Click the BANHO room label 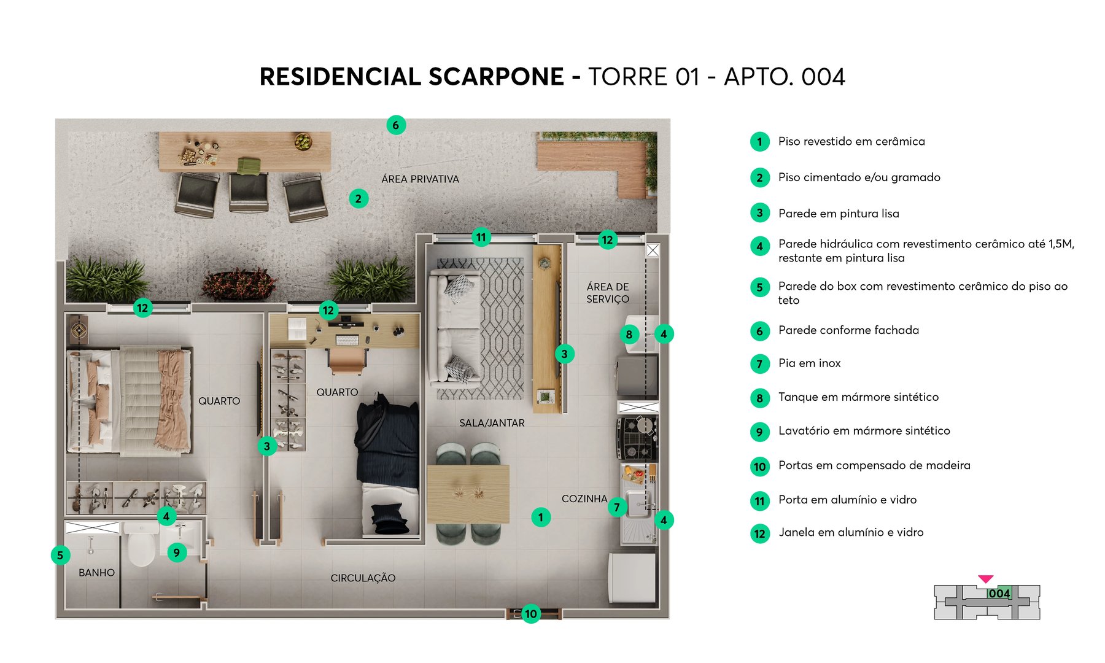tap(96, 573)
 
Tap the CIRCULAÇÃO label tap(363, 578)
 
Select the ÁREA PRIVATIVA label tap(420, 179)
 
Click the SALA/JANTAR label tap(492, 423)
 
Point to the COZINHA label tap(584, 499)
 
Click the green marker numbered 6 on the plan tap(396, 125)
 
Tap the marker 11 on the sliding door tap(481, 238)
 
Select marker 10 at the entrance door tap(531, 613)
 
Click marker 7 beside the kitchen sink tap(617, 507)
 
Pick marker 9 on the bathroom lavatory tap(177, 552)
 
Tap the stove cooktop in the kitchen tap(637, 438)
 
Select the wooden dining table tap(468, 494)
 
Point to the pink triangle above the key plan tap(985, 579)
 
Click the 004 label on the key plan tap(999, 594)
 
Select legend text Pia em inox tap(809, 363)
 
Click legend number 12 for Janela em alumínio tap(760, 533)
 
